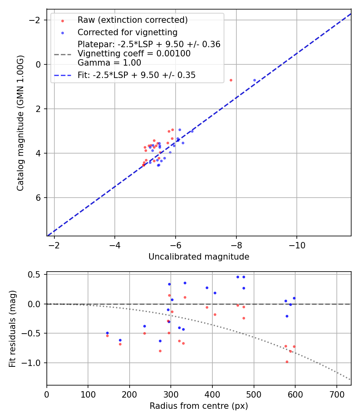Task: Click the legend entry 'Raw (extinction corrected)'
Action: [x=132, y=20]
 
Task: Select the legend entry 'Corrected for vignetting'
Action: [x=127, y=32]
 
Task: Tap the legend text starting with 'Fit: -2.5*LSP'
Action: [x=136, y=75]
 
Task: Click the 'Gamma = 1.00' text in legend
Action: [x=109, y=62]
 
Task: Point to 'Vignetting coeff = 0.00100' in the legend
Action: [x=134, y=54]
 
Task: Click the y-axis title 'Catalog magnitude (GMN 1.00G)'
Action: [x=20, y=123]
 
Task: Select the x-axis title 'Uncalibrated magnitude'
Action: [x=199, y=257]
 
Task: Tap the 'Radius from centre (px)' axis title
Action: [x=199, y=406]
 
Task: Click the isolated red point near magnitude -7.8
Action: [x=231, y=80]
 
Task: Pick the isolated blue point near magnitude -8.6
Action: [x=254, y=80]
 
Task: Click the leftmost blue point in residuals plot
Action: [x=107, y=333]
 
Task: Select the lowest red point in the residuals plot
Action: [x=287, y=362]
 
